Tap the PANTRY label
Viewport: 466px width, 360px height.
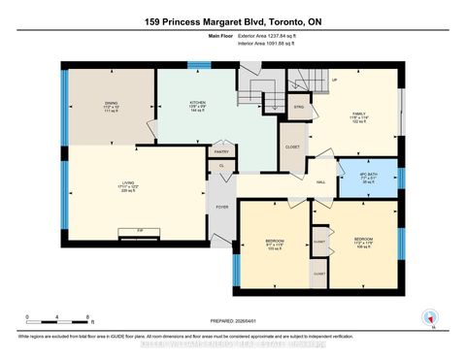222,151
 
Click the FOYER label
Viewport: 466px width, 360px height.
220,207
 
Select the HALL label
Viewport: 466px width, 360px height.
319,180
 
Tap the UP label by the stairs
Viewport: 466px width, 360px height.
335,80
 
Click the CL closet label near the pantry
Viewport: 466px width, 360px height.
221,167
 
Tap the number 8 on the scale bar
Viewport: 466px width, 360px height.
88,317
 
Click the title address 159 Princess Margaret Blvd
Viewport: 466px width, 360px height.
233,21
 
